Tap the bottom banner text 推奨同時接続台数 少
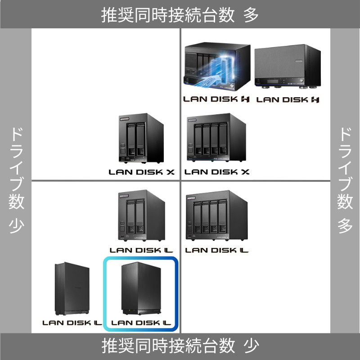click(x=180, y=346)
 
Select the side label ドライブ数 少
click(x=16, y=180)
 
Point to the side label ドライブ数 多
click(x=345, y=180)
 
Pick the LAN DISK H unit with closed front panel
click(x=287, y=66)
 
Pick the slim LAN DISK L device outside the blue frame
click(x=72, y=289)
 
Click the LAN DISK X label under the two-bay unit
click(x=141, y=172)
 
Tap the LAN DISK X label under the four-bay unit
click(x=217, y=172)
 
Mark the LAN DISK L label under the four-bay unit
click(x=217, y=250)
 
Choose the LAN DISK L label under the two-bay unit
click(x=141, y=250)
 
